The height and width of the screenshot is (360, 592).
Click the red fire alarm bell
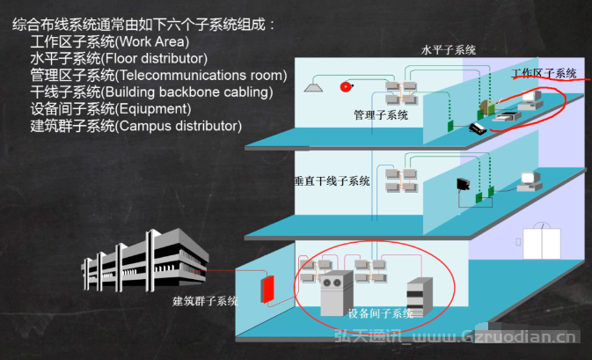pyautogui.click(x=346, y=87)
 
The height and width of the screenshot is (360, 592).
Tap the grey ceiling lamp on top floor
pyautogui.click(x=313, y=87)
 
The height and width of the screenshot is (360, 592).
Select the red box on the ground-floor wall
pyautogui.click(x=267, y=290)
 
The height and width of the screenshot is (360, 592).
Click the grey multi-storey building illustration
pyautogui.click(x=144, y=261)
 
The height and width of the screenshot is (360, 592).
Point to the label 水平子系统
pyautogui.click(x=448, y=50)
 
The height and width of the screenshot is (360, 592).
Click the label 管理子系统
pyautogui.click(x=381, y=114)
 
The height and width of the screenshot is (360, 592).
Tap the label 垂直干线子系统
pyautogui.click(x=332, y=181)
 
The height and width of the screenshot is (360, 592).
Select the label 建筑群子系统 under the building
pyautogui.click(x=205, y=301)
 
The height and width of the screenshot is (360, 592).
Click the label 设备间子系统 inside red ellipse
pyautogui.click(x=380, y=313)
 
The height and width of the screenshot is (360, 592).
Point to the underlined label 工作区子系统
pyautogui.click(x=544, y=73)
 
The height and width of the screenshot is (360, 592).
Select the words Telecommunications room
pyautogui.click(x=201, y=75)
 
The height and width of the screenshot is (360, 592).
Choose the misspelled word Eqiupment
pyautogui.click(x=153, y=109)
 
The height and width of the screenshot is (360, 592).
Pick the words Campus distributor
pyautogui.click(x=179, y=126)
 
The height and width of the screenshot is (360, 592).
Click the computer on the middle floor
pyautogui.click(x=530, y=181)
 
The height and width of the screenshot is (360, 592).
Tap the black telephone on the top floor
pyautogui.click(x=478, y=128)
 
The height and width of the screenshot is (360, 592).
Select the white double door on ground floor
pyautogui.click(x=541, y=243)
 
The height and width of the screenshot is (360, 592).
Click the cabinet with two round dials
pyautogui.click(x=336, y=293)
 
